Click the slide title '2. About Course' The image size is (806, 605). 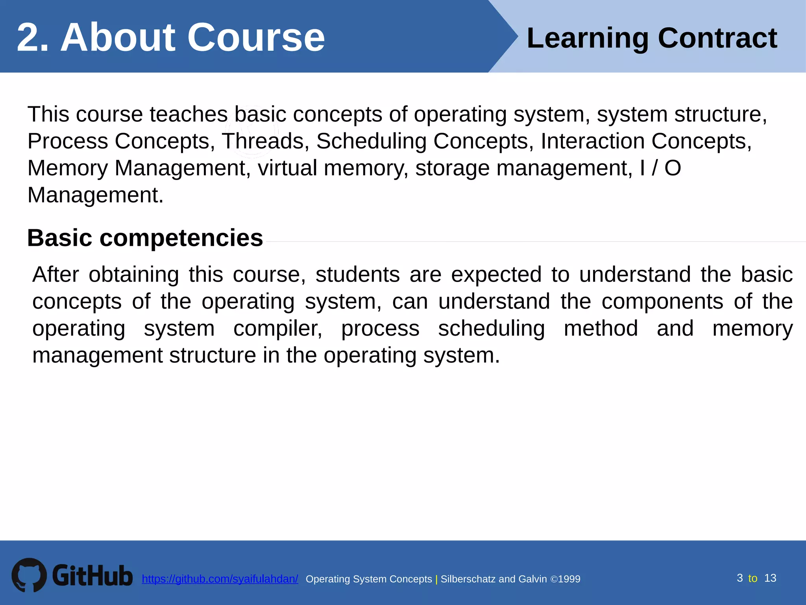[171, 37]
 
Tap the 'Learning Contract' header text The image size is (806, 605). [652, 38]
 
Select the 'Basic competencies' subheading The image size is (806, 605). [145, 238]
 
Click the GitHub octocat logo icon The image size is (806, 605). [29, 575]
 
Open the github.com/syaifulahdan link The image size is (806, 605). [220, 579]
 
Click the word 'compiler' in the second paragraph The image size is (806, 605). [277, 328]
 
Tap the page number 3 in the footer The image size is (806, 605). [739, 578]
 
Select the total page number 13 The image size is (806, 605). [770, 578]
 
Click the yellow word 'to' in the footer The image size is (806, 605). [752, 578]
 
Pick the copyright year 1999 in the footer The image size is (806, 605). [569, 579]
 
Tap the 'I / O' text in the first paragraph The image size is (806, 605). [660, 168]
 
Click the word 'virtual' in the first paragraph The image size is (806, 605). [287, 168]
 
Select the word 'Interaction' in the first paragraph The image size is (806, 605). [592, 141]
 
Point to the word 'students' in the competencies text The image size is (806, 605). [357, 275]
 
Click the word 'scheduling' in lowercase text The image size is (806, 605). [491, 328]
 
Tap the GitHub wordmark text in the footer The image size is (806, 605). [92, 575]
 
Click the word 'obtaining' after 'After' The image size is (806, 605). [133, 275]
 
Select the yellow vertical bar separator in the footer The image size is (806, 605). [436, 579]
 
